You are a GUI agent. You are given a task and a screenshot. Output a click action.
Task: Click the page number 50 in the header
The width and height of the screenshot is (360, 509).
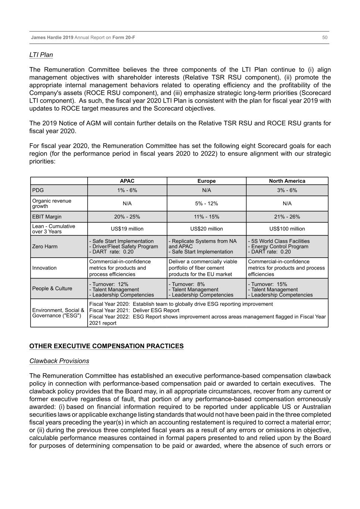tap(325, 37)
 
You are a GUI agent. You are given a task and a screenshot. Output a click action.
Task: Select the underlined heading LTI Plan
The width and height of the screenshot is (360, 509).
tap(41, 55)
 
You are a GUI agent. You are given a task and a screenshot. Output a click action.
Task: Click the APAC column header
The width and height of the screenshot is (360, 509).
tap(127, 181)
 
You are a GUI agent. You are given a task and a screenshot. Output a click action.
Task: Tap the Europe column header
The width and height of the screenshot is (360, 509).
tap(206, 181)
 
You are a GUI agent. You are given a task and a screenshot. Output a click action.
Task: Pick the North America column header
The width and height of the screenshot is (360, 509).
tap(287, 181)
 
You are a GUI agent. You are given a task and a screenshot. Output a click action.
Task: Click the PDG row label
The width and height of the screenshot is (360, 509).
tap(38, 190)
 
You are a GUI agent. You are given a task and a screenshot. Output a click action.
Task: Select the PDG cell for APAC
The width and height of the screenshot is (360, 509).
tap(127, 190)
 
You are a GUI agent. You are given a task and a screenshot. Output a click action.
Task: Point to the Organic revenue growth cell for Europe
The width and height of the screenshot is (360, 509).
tap(206, 204)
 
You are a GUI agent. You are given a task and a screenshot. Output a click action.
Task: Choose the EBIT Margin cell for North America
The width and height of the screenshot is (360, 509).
tap(287, 217)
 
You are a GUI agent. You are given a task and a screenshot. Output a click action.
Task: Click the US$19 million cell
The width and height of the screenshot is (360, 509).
tap(127, 229)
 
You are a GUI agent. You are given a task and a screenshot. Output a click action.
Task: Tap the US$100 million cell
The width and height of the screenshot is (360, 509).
tap(287, 229)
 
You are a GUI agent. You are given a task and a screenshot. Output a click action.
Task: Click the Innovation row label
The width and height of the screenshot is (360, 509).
tap(44, 268)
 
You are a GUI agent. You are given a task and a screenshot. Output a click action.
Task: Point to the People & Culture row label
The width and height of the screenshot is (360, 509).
tap(52, 288)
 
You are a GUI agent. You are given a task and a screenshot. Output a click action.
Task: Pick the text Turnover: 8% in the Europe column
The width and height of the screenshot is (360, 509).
tap(187, 284)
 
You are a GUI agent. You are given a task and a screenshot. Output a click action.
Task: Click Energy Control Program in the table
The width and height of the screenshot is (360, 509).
tap(279, 246)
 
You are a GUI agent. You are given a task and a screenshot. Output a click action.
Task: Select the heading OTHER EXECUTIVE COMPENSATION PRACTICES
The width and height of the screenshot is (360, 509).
tap(106, 346)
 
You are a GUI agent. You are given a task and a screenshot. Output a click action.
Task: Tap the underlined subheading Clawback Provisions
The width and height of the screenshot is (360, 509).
tap(59, 361)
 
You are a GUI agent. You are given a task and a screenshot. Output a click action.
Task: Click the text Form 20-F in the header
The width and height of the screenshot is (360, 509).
tap(123, 37)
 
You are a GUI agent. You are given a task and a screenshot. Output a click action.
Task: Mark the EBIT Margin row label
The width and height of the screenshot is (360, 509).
tap(47, 217)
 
